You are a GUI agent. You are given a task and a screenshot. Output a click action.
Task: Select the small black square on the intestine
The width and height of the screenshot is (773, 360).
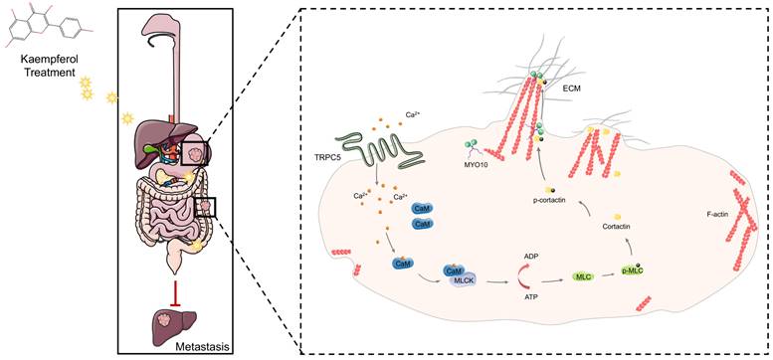pos(205,206)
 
